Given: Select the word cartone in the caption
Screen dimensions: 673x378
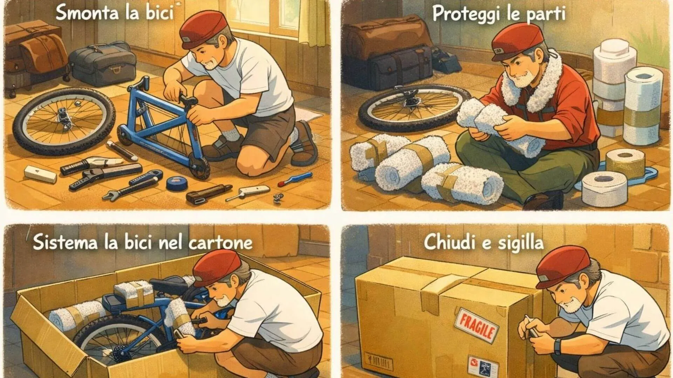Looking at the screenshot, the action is [x=220, y=243].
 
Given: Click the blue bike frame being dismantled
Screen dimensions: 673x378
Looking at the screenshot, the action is [x=165, y=129].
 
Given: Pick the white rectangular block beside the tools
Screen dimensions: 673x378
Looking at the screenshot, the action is [x=40, y=174].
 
